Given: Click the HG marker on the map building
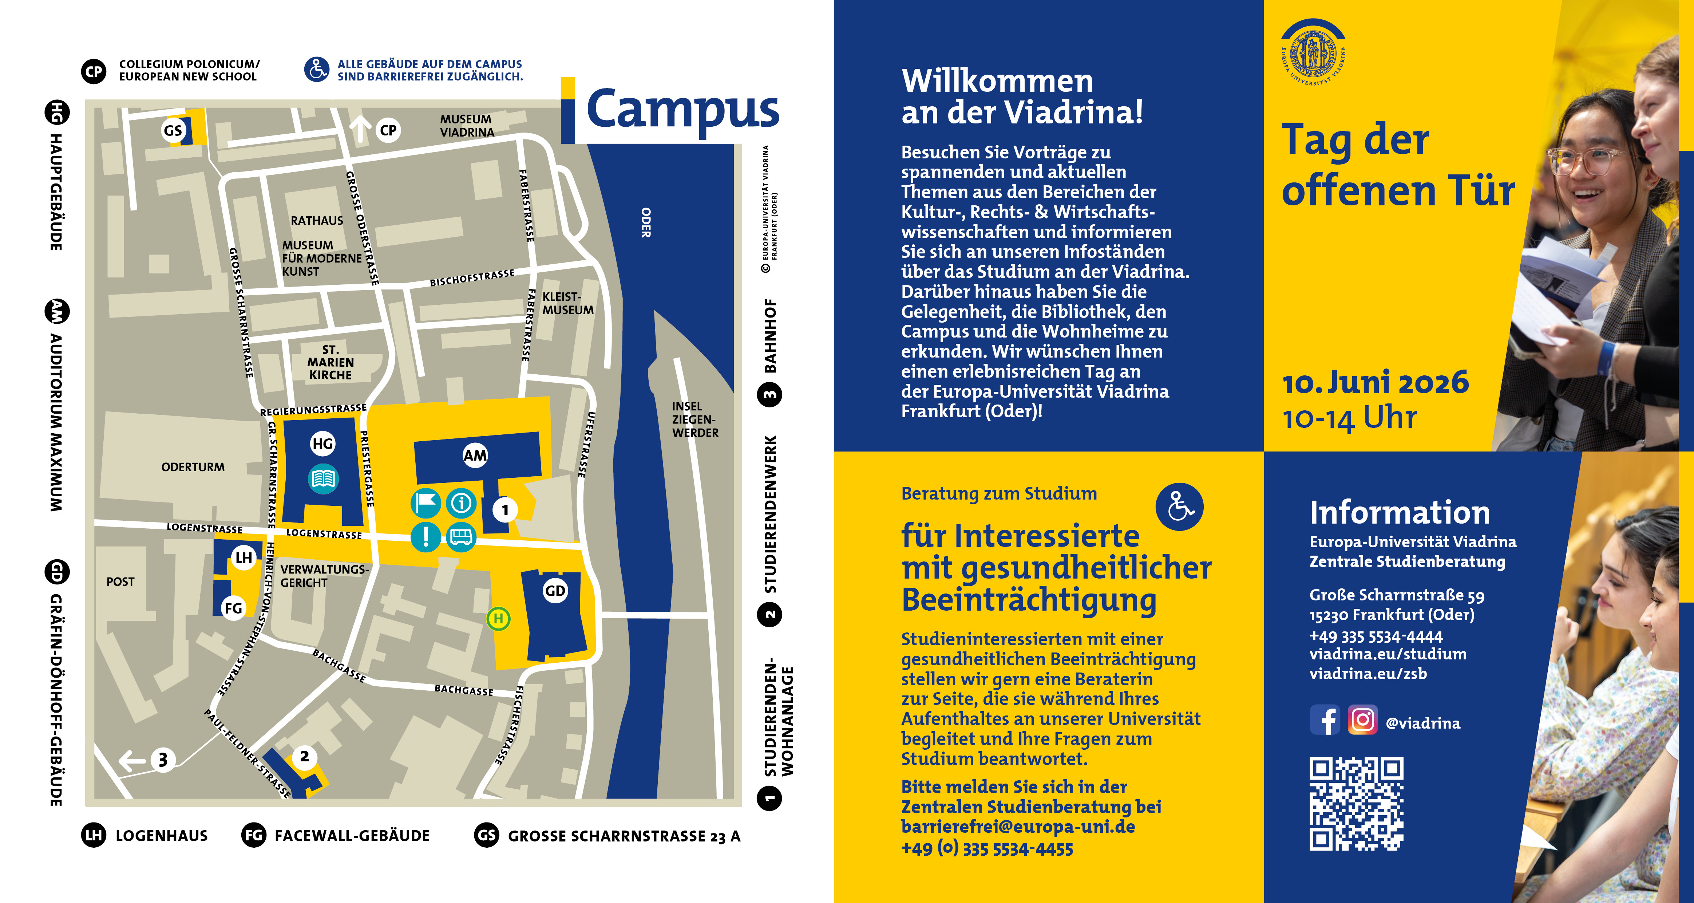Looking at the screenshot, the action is pyautogui.click(x=322, y=444).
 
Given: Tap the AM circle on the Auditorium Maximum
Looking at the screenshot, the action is pyautogui.click(x=475, y=455).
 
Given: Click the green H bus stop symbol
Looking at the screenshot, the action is pyautogui.click(x=498, y=618).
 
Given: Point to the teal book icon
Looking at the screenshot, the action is pyautogui.click(x=323, y=478).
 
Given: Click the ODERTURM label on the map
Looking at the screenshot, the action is pyautogui.click(x=193, y=467).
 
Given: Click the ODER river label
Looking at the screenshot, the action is pyautogui.click(x=646, y=222).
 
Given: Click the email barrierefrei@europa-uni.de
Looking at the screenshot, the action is pyautogui.click(x=1017, y=827).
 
